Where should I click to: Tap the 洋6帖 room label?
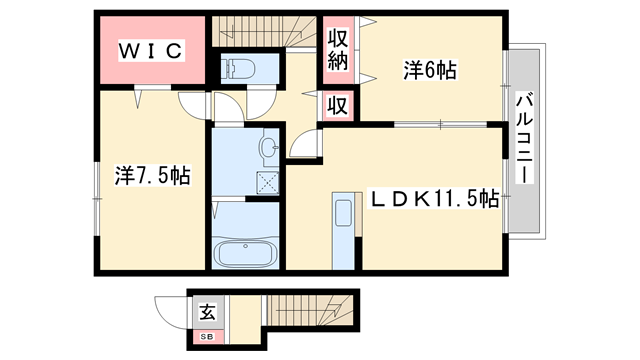430,70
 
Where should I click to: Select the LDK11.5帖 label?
435,199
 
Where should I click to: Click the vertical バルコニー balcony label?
524,138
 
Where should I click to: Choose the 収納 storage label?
338,52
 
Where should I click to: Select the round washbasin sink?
267,149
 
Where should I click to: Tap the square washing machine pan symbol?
267,181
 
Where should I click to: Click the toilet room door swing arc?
262,100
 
